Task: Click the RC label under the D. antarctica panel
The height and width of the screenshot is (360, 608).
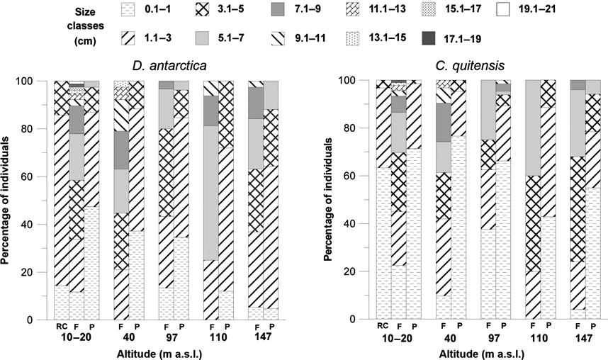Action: click(x=62, y=328)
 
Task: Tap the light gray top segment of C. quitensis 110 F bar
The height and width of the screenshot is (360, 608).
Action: click(x=531, y=128)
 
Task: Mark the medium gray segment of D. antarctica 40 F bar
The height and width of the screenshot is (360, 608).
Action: click(x=120, y=150)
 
